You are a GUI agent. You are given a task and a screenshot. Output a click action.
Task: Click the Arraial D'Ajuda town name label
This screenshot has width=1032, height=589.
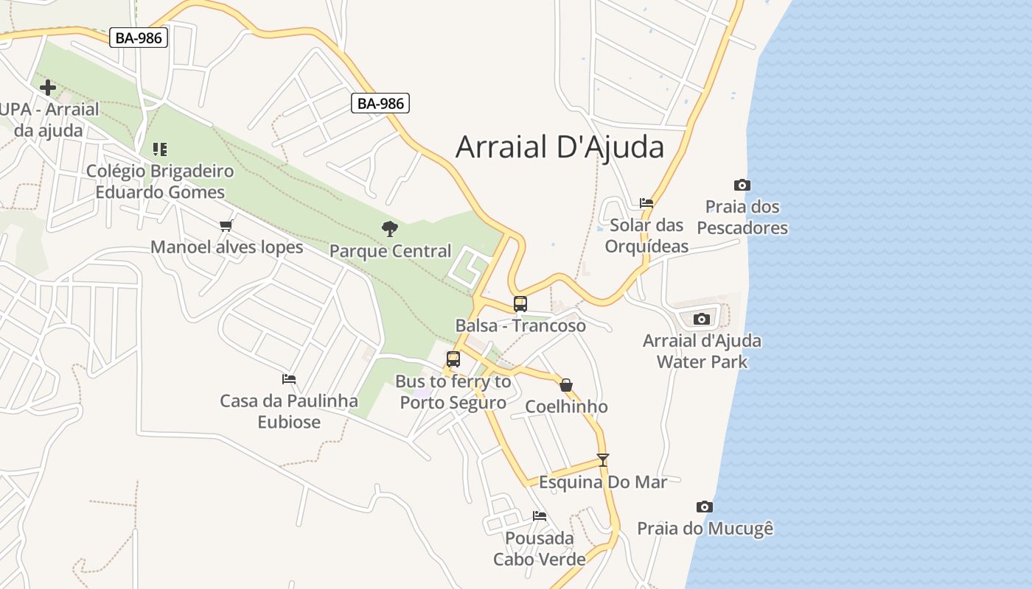click(559, 147)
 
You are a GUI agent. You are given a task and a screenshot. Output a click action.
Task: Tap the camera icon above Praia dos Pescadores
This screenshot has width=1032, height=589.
click(742, 185)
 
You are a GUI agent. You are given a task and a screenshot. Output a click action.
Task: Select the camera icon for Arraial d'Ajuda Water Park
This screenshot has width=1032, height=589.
click(702, 319)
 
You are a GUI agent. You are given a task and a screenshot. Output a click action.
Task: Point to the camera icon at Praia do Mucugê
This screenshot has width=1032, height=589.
click(705, 507)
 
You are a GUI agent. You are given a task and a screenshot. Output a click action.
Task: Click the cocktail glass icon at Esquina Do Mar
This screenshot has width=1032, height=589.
click(603, 460)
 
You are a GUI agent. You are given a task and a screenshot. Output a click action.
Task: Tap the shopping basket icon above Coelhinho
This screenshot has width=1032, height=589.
click(566, 385)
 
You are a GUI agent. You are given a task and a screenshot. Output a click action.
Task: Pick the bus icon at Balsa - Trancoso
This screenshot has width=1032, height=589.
click(520, 303)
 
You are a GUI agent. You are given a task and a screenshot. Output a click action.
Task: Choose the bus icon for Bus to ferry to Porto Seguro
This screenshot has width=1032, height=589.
click(453, 359)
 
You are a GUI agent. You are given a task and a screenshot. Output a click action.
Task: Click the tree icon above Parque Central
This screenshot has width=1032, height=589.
click(390, 229)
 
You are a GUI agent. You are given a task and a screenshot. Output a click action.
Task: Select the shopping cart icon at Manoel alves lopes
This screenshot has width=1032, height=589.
click(226, 225)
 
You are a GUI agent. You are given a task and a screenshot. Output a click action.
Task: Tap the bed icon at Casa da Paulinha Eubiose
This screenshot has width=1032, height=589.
click(289, 379)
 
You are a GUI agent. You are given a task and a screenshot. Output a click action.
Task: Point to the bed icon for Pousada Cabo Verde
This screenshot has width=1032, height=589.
click(540, 515)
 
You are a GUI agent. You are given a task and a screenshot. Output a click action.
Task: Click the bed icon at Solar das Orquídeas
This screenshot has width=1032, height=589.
click(646, 202)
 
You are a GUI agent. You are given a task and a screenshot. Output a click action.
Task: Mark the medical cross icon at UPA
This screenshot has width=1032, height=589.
click(48, 88)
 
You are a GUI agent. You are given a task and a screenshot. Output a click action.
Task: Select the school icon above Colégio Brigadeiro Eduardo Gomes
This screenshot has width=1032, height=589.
click(160, 149)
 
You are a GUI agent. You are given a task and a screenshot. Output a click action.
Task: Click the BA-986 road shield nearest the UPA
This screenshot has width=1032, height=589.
click(139, 38)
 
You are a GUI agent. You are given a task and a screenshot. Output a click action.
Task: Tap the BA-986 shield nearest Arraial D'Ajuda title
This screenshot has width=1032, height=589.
click(380, 103)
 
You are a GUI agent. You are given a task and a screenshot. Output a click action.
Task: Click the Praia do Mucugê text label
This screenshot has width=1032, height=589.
click(705, 529)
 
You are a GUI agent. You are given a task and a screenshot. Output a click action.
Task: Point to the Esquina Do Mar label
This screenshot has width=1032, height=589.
click(603, 482)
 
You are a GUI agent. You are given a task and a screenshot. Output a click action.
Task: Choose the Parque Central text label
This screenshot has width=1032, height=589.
click(390, 251)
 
